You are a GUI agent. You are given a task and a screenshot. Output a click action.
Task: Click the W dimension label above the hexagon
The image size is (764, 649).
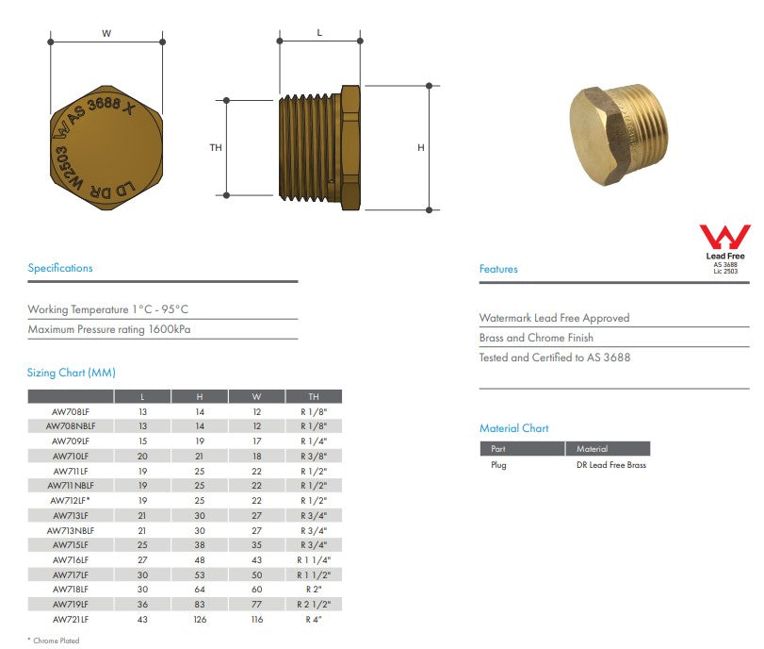106,33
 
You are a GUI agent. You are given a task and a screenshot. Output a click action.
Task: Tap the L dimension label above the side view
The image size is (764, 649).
319,32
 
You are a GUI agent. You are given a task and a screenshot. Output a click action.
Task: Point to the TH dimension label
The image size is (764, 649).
216,147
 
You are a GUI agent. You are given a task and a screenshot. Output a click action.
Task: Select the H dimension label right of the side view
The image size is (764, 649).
421,147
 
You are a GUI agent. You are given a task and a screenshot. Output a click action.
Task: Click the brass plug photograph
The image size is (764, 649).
625,135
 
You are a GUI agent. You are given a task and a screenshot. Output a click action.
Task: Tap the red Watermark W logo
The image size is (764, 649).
724,237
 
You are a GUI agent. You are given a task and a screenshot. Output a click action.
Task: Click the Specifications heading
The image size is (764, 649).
60,268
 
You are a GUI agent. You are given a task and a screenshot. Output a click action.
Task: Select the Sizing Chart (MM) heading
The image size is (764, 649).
72,373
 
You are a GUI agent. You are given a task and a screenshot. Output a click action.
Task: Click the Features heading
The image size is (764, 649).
498,269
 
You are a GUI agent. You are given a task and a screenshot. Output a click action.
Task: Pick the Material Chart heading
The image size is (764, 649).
513,428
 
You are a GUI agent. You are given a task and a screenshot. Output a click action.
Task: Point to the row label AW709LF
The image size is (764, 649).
71,441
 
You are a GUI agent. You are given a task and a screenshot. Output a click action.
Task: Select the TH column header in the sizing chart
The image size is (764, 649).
314,397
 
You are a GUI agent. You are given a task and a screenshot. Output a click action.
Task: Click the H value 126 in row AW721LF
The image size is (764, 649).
199,619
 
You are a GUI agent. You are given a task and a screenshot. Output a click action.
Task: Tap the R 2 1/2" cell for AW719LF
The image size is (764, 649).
314,604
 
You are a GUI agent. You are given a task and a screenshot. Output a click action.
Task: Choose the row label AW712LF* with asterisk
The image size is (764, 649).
71,500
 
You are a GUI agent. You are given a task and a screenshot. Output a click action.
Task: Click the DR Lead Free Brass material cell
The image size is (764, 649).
610,465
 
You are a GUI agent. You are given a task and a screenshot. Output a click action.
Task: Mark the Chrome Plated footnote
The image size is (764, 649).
54,641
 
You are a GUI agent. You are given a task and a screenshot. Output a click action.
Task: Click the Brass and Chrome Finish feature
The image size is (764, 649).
536,338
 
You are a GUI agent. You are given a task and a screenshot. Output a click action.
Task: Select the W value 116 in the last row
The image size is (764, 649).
257,619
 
